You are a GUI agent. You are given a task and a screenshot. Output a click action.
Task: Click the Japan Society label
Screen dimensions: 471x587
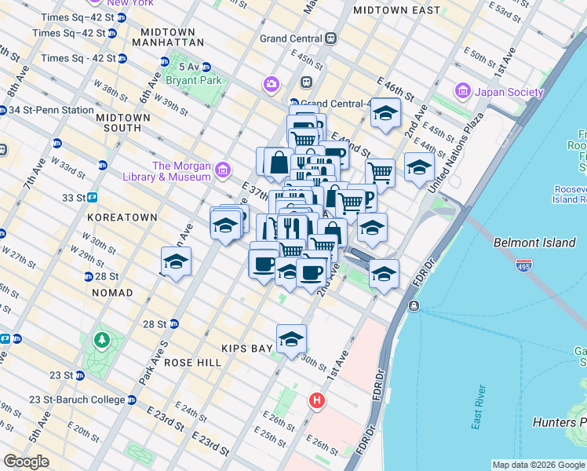509,92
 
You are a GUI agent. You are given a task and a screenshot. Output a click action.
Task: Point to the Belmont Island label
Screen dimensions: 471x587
534,243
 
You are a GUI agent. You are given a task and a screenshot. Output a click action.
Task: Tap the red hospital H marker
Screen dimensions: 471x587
317,400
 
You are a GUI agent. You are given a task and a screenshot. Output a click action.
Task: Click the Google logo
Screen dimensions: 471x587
27,462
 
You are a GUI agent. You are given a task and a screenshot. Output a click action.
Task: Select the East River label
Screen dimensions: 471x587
479,407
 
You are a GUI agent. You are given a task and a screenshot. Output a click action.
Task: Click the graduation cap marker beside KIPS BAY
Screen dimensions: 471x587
291,340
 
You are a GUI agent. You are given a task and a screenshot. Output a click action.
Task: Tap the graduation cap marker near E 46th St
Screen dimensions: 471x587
385,113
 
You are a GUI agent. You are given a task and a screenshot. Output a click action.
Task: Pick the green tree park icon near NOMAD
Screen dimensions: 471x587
101,340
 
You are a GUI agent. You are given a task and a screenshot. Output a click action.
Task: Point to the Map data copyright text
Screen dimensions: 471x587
538,465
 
